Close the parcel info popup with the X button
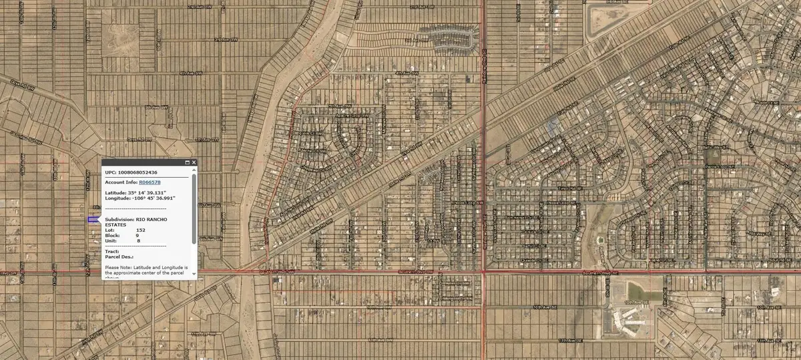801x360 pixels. click(x=194, y=162)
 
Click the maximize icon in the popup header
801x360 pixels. click(x=186, y=162)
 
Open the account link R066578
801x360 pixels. click(x=150, y=182)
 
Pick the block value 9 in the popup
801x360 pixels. click(x=138, y=235)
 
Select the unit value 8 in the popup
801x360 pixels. click(x=138, y=240)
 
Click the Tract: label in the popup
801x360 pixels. click(x=112, y=251)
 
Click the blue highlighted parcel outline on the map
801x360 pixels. click(x=92, y=219)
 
